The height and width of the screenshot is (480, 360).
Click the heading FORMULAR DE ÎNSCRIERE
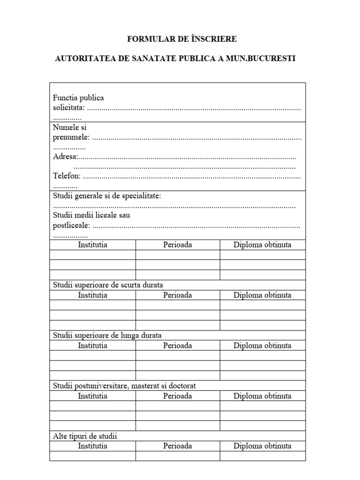click(x=180, y=39)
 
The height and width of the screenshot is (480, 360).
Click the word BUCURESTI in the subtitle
click(x=272, y=59)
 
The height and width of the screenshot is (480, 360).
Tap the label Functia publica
click(x=78, y=98)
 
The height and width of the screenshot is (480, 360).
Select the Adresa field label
click(x=65, y=157)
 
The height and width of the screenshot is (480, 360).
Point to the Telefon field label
click(x=67, y=176)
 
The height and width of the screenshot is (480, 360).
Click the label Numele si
click(x=70, y=127)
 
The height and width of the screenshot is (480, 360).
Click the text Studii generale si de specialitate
click(x=107, y=196)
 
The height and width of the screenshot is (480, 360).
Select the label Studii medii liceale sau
click(x=91, y=216)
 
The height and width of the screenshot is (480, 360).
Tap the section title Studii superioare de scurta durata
click(x=108, y=285)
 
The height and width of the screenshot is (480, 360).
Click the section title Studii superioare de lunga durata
click(x=107, y=335)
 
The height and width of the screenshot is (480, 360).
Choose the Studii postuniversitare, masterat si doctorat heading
click(x=124, y=385)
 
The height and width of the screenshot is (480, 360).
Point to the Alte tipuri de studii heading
click(x=85, y=436)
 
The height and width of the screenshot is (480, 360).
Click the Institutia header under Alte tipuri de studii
click(x=92, y=446)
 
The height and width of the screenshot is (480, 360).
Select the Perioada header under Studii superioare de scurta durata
click(x=177, y=295)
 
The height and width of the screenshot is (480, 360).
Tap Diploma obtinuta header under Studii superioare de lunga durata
click(x=262, y=345)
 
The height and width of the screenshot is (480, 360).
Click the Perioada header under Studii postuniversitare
click(x=177, y=396)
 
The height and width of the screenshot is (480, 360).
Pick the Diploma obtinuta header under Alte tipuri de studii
click(x=262, y=446)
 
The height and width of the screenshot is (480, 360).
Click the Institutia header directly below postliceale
click(x=92, y=245)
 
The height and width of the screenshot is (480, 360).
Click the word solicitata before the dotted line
click(x=68, y=108)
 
